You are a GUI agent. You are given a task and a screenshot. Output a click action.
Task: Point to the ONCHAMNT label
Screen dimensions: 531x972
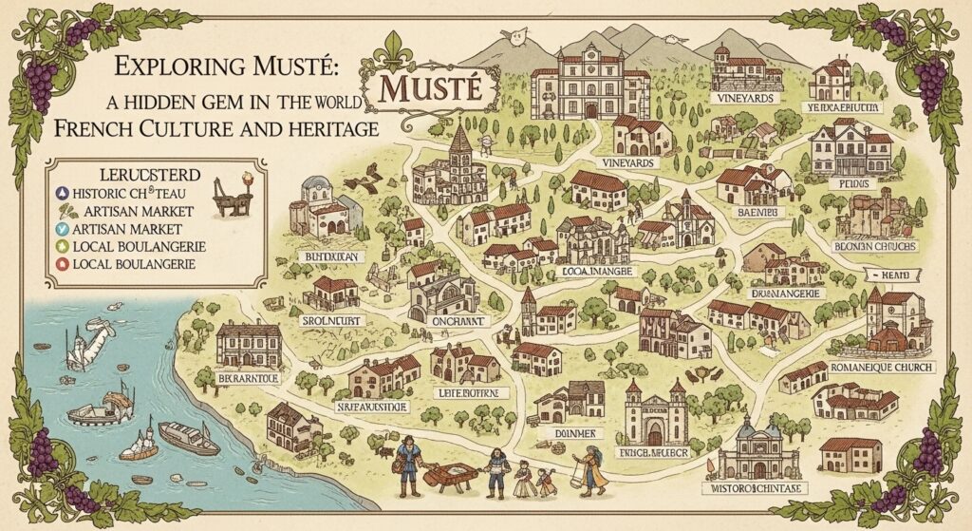click(445, 321)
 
